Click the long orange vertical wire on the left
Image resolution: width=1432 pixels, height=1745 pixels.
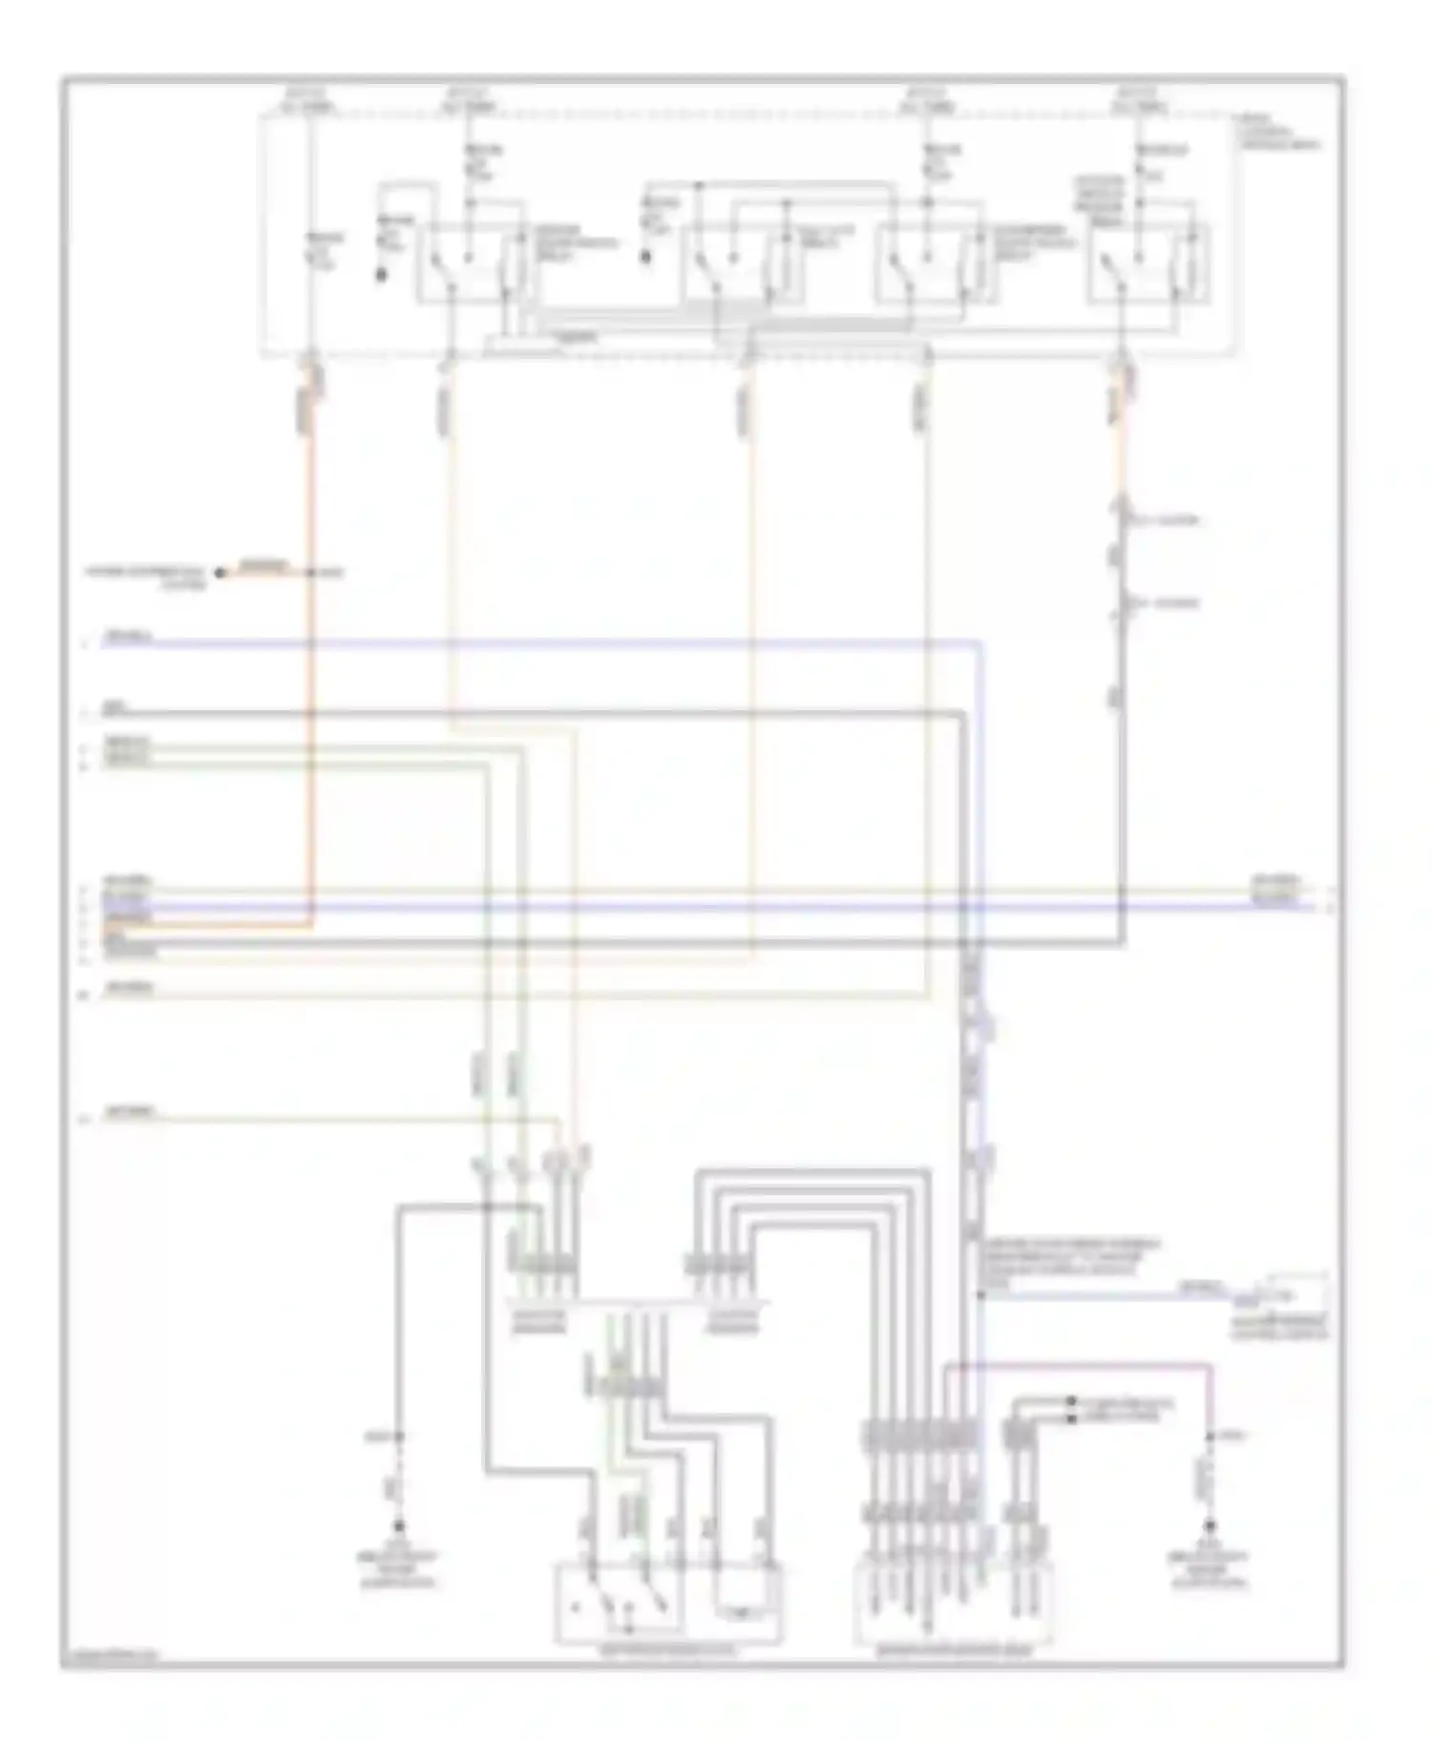[310, 668]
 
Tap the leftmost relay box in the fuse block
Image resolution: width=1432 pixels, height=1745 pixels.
[469, 263]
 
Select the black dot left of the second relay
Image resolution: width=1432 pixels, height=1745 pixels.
[646, 257]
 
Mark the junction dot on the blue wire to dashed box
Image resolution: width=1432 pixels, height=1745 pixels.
[979, 1295]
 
